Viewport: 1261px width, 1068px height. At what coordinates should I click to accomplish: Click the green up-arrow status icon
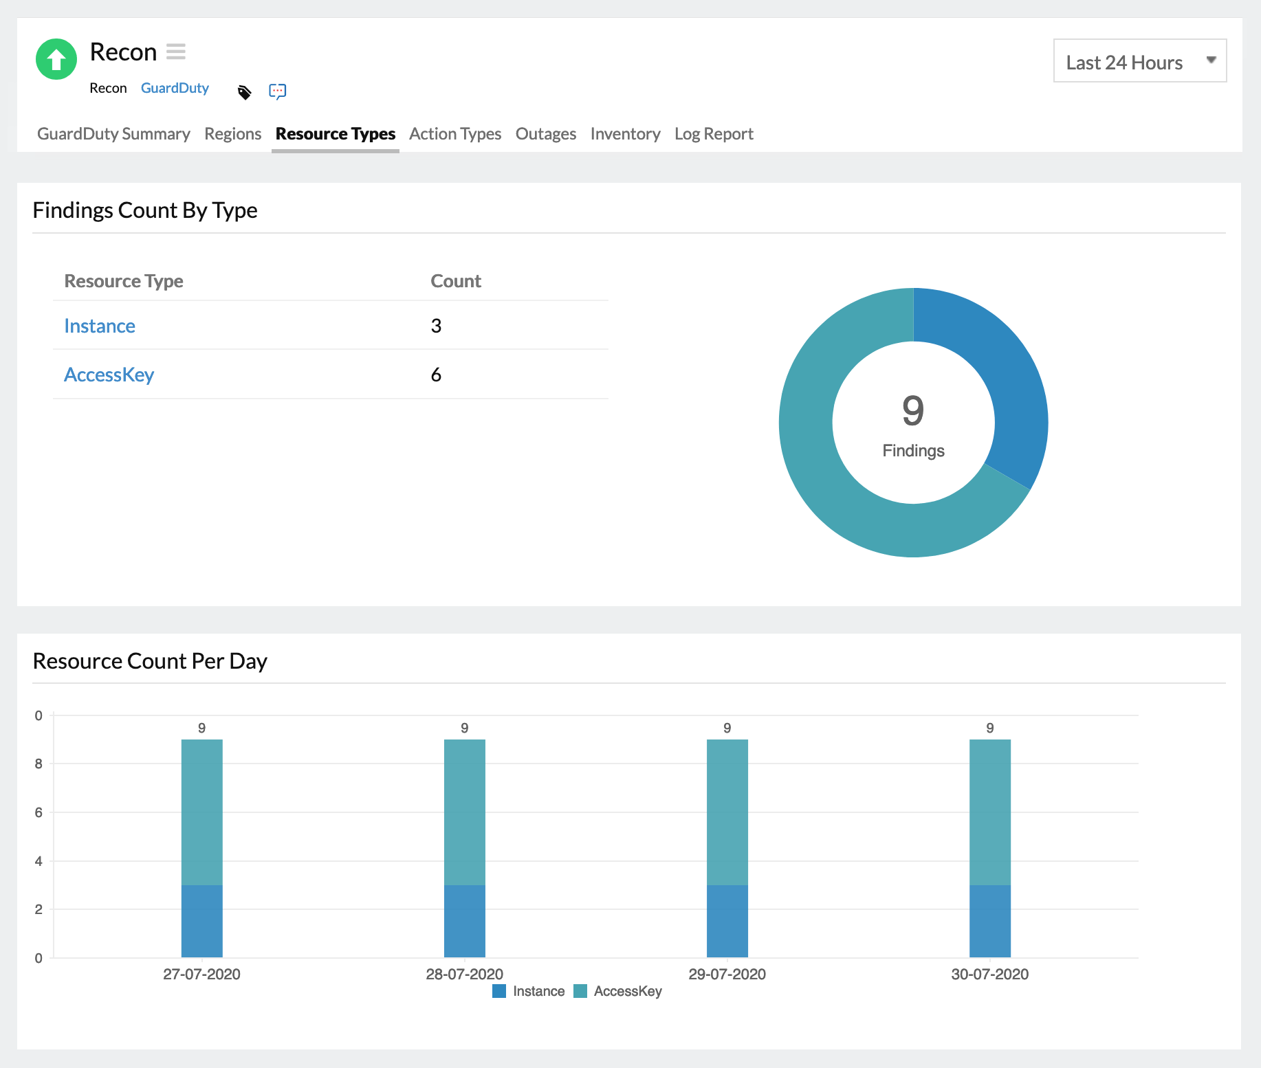point(56,59)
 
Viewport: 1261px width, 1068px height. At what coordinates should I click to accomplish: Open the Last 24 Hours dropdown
point(1139,61)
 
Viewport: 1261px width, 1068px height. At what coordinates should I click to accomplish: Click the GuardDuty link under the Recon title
point(175,88)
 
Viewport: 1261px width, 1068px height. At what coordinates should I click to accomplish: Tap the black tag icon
point(244,92)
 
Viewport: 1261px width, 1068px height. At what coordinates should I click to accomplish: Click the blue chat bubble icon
point(278,91)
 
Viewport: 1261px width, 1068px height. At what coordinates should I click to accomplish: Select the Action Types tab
point(454,134)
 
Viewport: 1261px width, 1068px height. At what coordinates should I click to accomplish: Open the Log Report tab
point(713,134)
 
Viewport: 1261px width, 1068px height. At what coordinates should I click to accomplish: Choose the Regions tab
point(232,134)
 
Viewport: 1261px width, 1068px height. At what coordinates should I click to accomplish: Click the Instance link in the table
point(100,326)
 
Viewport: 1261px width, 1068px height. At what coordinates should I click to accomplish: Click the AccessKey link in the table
point(109,375)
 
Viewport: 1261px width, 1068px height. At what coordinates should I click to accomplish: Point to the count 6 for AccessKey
point(436,375)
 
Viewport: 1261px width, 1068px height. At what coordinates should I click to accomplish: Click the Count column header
point(455,281)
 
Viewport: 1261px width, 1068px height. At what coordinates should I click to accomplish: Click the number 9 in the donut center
point(913,410)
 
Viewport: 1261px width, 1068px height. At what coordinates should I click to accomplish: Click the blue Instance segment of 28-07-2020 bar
point(464,921)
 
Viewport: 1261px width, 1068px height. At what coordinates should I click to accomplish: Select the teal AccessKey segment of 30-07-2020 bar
point(989,811)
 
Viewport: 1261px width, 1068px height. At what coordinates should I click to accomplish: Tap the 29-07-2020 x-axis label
point(727,974)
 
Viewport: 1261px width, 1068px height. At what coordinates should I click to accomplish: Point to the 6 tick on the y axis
point(39,812)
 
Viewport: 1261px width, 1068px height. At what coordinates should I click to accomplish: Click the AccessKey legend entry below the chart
point(618,991)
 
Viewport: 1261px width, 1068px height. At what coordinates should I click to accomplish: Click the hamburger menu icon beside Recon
point(176,52)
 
